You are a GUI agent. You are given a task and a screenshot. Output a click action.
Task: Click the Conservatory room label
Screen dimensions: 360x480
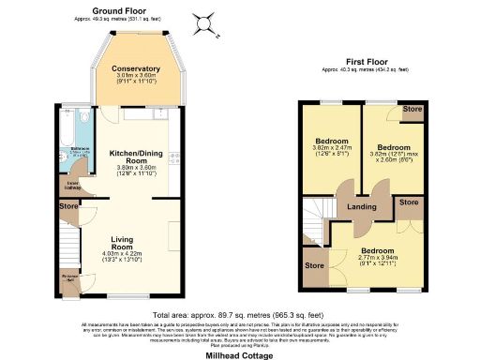tap(136, 68)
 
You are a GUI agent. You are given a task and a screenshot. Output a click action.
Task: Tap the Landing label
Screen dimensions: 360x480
tap(364, 207)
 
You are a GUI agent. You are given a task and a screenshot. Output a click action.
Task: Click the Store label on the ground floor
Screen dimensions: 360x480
tap(67, 204)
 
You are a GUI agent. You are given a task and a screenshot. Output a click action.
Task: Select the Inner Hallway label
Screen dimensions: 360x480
tap(71, 185)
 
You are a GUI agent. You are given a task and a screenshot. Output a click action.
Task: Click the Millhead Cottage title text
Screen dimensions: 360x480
tap(238, 354)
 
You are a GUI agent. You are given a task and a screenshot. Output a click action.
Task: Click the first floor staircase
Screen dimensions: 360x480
tap(319, 220)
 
